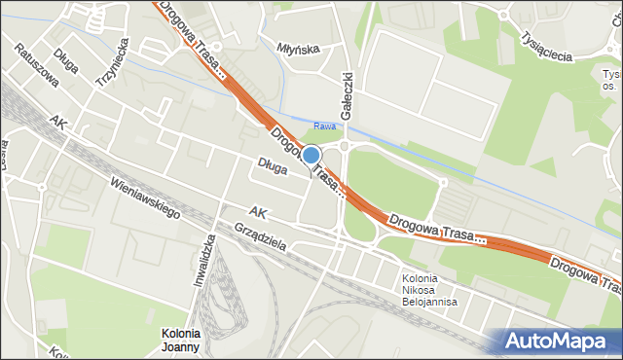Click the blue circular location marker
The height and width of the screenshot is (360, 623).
[311, 155]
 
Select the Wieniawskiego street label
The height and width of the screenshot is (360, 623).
[146, 198]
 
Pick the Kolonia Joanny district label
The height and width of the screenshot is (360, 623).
[181, 340]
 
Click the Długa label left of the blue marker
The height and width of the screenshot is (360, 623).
[273, 168]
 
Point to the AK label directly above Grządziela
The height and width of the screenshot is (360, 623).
[257, 211]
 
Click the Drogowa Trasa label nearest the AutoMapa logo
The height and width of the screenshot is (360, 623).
[584, 274]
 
